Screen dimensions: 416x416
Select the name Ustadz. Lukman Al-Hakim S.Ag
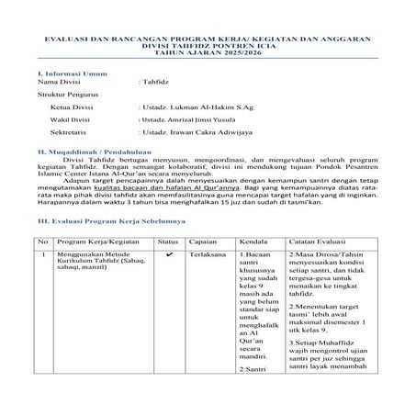[x=184, y=107]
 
